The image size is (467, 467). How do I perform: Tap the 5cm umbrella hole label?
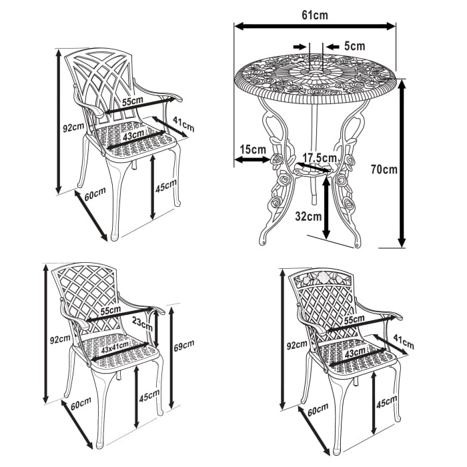pyautogui.click(x=354, y=46)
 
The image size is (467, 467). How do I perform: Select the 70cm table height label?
pyautogui.click(x=384, y=169)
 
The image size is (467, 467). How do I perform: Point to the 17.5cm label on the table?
pyautogui.click(x=319, y=158)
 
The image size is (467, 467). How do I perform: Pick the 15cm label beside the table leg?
pyautogui.click(x=253, y=149)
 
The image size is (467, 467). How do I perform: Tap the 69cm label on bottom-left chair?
pyautogui.click(x=183, y=345)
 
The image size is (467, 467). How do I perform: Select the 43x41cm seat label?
pyautogui.click(x=114, y=349)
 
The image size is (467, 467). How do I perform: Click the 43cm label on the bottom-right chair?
pyautogui.click(x=355, y=352)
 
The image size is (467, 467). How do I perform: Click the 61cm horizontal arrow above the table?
pyautogui.click(x=314, y=26)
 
